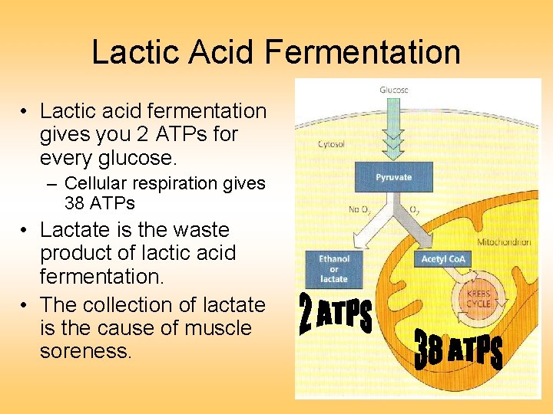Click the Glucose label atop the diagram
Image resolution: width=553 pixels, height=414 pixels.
pos(394,90)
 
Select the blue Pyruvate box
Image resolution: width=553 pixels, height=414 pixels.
pos(393,177)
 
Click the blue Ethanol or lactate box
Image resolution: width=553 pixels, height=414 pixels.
pos(333,268)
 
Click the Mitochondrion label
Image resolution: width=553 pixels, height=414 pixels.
pos(504,242)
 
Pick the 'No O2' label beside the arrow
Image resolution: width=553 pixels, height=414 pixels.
pos(359,209)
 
